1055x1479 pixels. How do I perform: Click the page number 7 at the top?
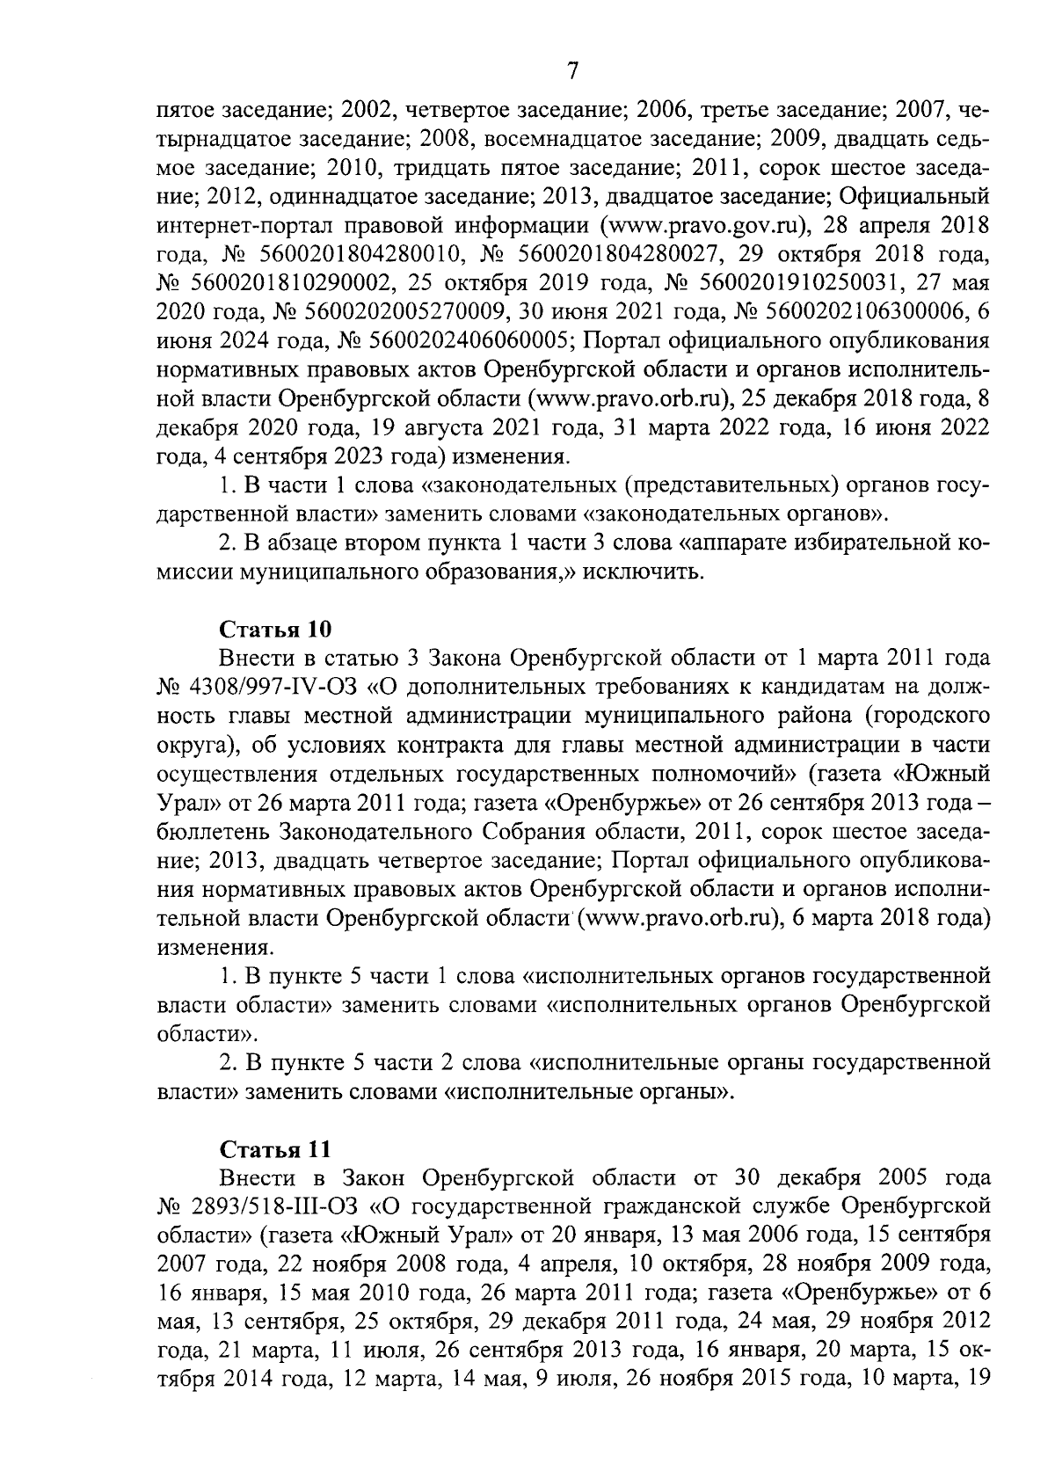coord(573,71)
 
